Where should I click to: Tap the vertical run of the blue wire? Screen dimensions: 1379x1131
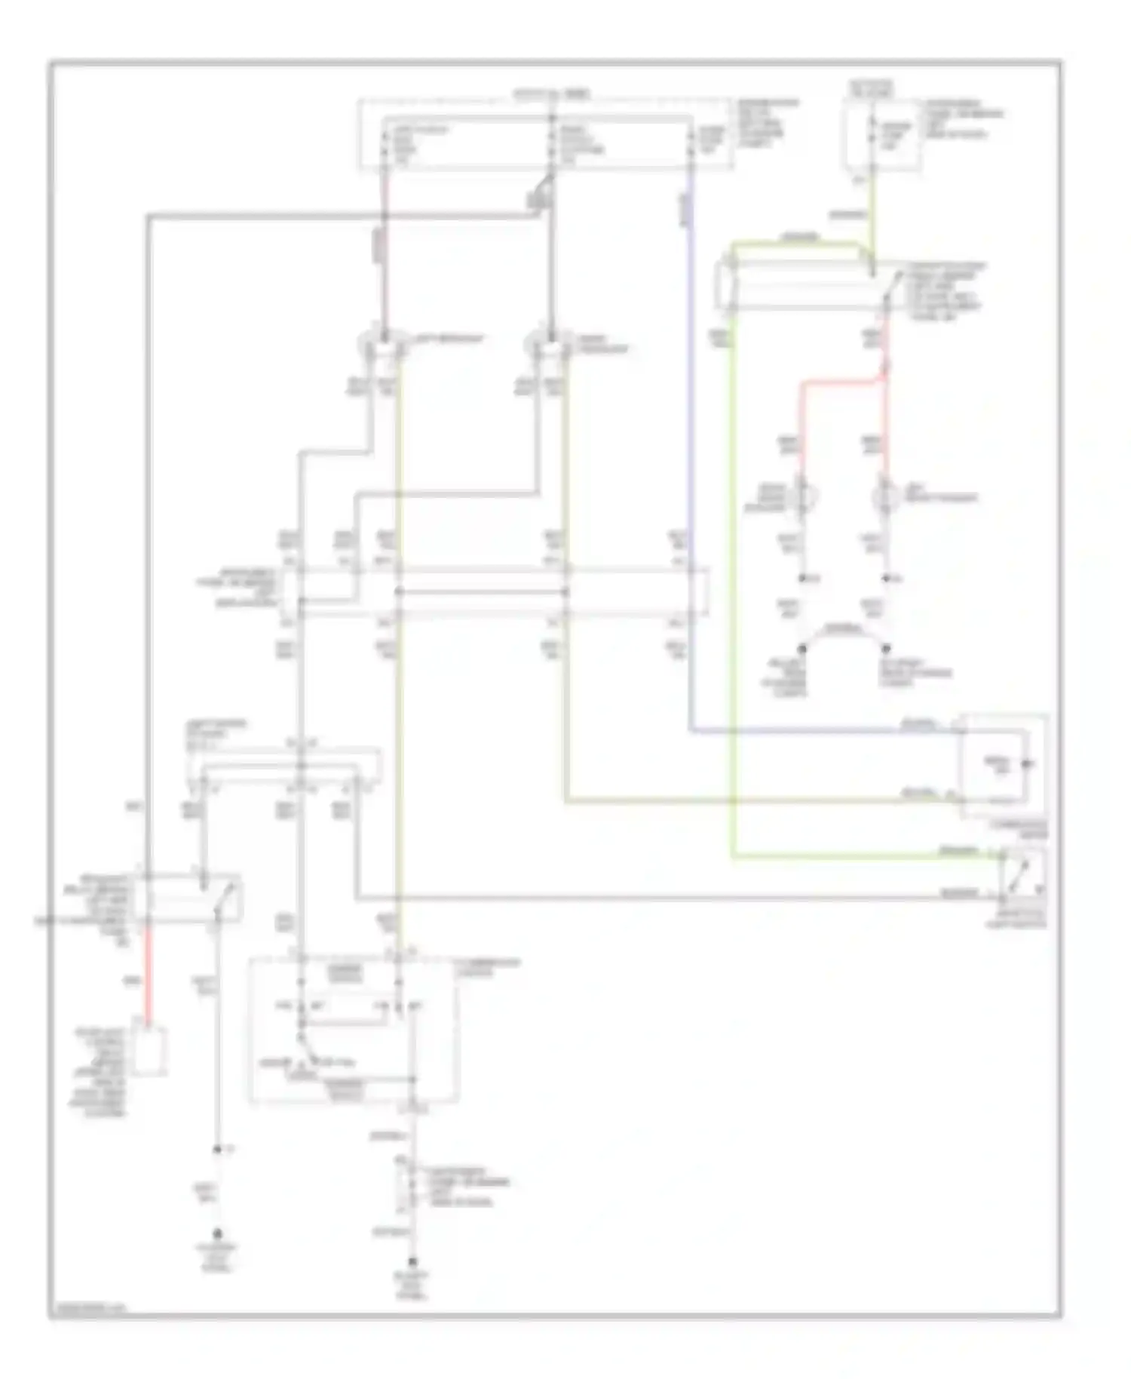pos(690,453)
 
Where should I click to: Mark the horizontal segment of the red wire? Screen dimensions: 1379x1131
pos(841,381)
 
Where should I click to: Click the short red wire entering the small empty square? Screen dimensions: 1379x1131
pos(149,973)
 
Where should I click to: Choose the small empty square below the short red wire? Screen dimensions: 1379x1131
pos(149,1050)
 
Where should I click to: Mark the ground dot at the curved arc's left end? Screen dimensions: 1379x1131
pos(802,648)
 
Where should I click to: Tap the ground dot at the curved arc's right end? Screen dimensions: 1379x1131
pos(886,648)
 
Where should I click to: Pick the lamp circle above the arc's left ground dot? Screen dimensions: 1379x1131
pos(802,497)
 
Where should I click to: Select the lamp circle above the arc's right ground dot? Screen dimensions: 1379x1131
pos(885,497)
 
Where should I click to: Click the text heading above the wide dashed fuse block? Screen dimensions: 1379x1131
pos(551,94)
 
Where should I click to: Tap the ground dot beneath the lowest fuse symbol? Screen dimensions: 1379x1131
pos(412,1261)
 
